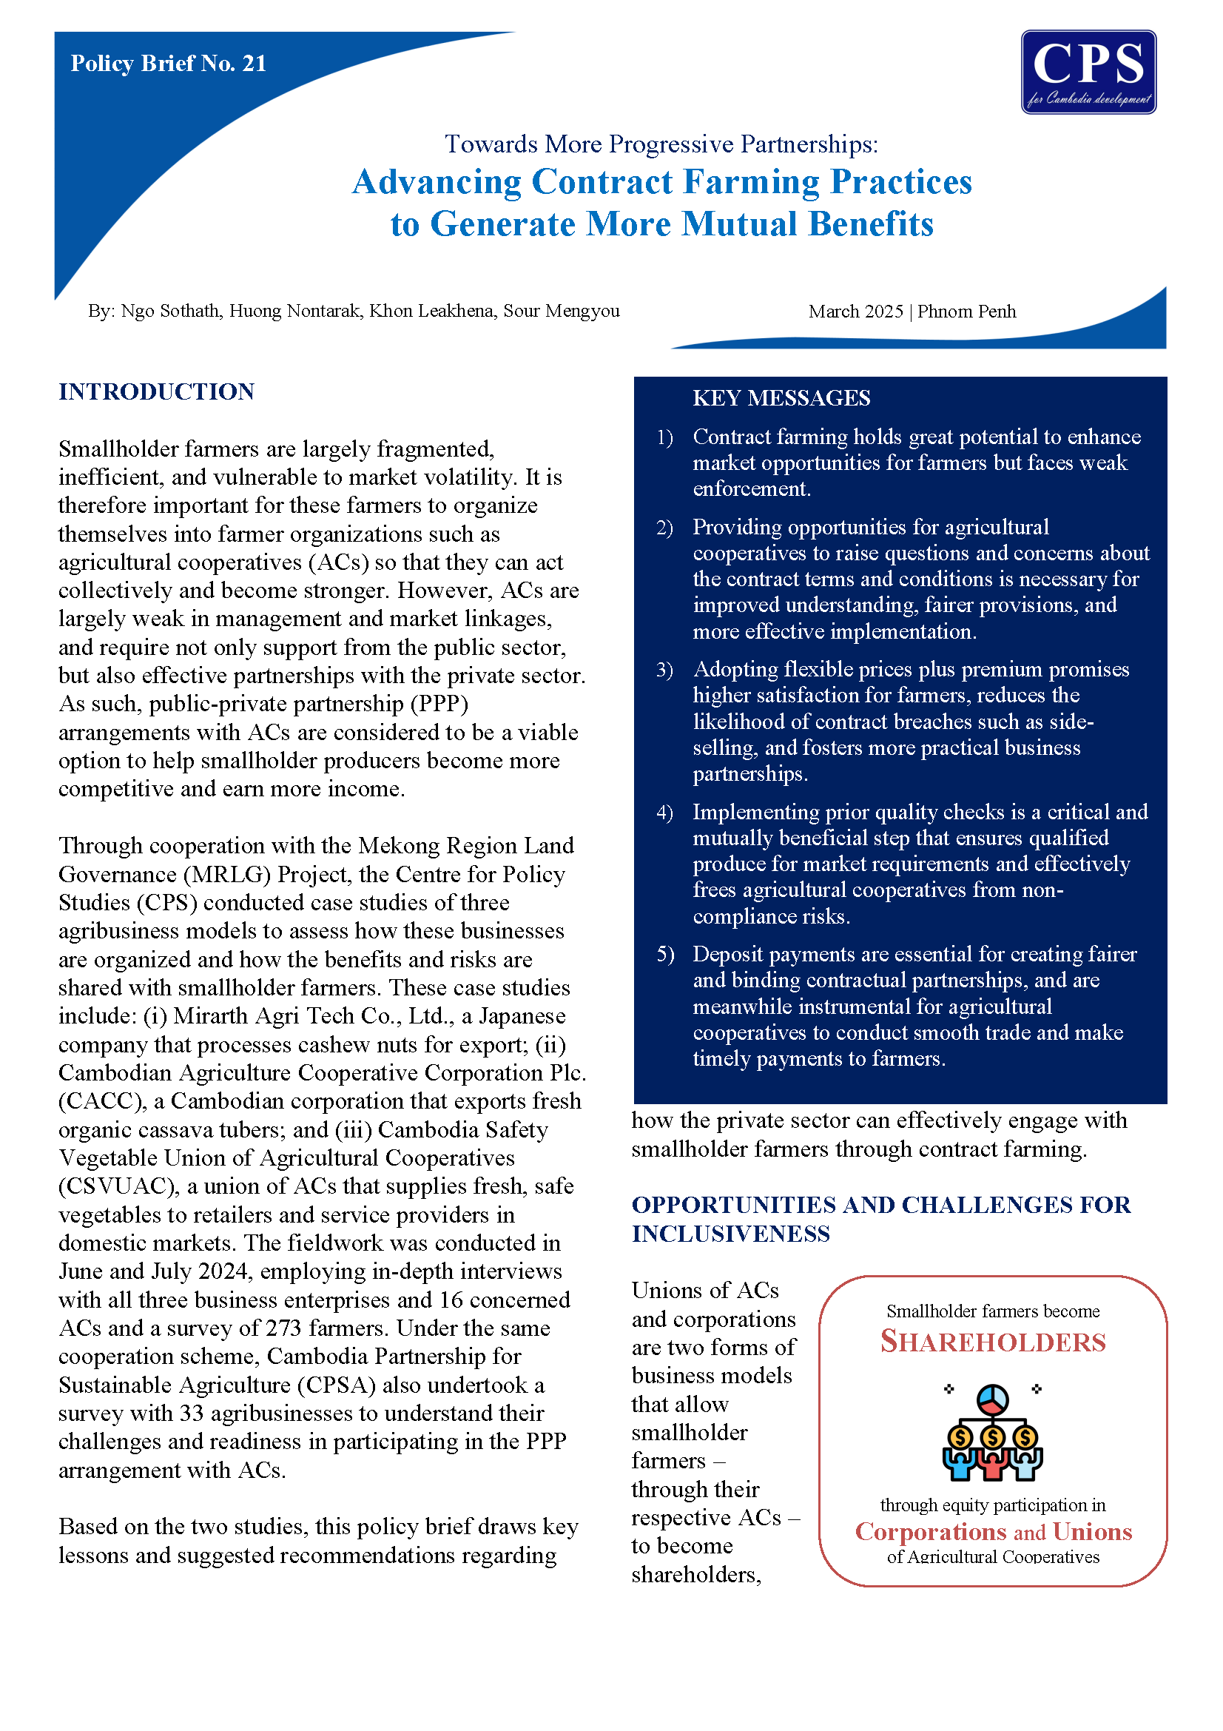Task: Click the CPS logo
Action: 1088,73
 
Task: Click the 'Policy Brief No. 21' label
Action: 168,64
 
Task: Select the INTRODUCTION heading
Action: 157,392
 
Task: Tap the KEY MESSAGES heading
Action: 781,398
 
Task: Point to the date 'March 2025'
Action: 855,312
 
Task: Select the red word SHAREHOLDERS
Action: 992,1342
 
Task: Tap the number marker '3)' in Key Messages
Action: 664,670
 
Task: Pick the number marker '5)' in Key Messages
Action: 664,955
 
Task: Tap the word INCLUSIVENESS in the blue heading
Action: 730,1234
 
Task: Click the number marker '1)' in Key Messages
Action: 664,437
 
